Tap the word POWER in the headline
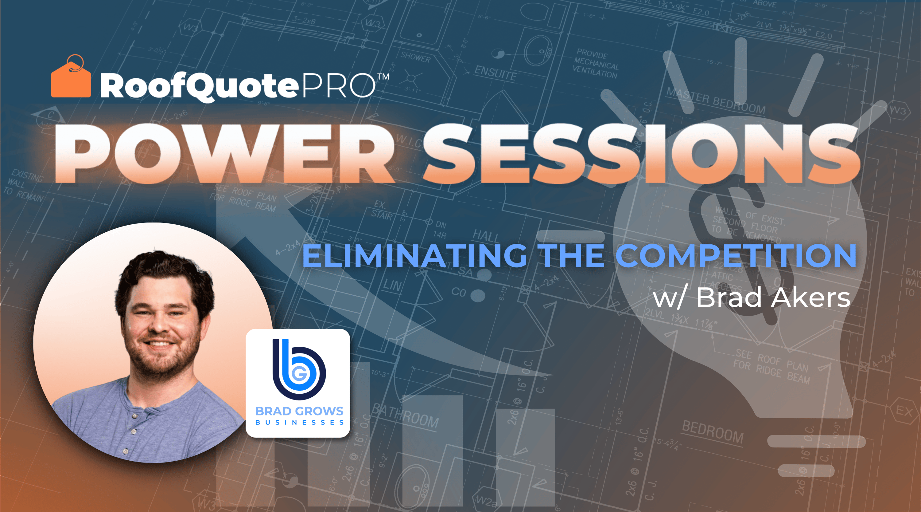[x=223, y=154]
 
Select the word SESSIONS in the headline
[x=642, y=154]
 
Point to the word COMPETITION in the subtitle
[x=736, y=255]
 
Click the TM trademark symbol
[x=383, y=77]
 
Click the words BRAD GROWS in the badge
[x=299, y=411]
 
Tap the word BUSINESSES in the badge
[x=299, y=423]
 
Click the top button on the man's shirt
[x=135, y=416]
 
